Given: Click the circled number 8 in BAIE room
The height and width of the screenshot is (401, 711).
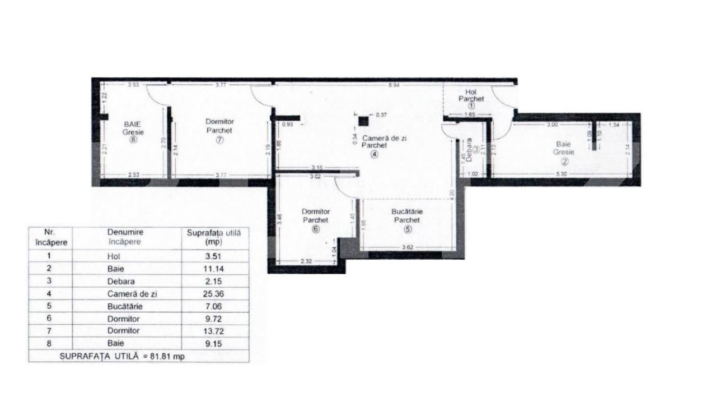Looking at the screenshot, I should [133, 140].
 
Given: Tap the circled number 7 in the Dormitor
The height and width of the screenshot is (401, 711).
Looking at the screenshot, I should [219, 140].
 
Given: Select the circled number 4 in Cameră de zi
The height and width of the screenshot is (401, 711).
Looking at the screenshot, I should [382, 154].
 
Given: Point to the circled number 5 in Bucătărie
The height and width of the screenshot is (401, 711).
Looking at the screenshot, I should [406, 229].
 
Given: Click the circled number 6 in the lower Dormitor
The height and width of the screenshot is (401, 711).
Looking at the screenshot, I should [316, 229].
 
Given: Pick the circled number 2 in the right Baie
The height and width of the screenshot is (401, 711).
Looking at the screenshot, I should [564, 162].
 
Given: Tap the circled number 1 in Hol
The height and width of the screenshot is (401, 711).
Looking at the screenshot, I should [471, 105].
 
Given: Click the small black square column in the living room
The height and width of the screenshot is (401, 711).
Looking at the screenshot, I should [364, 121].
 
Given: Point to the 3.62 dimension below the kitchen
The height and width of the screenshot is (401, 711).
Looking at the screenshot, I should [406, 247].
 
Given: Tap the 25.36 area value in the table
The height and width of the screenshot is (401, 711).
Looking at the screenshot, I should [214, 294].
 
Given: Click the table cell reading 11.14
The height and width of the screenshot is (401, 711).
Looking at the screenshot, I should [214, 269].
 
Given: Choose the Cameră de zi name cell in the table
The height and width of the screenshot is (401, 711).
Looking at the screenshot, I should [127, 294].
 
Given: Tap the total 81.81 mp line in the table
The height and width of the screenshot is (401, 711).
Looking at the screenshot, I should [138, 356].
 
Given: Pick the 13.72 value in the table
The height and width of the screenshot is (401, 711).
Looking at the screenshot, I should [214, 331].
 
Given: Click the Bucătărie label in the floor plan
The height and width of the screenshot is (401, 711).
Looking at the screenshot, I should [406, 212].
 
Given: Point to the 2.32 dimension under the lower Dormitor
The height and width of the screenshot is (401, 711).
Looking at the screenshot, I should [306, 261].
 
